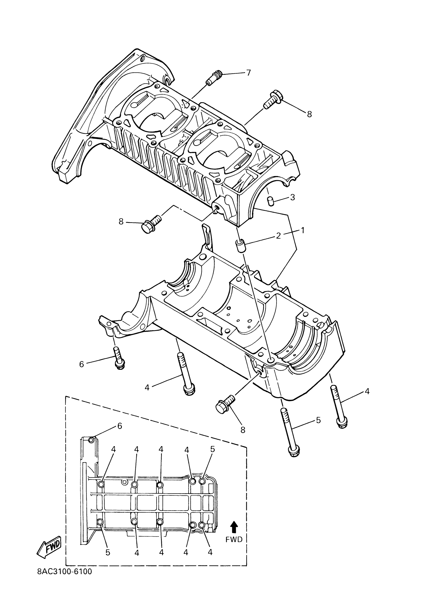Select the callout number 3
coord(293,197)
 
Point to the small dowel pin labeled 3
coord(270,201)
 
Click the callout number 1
coord(303,230)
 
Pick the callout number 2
coord(279,235)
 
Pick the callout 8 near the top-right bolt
coord(309,114)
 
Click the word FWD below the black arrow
coord(234,539)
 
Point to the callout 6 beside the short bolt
coord(81,364)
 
